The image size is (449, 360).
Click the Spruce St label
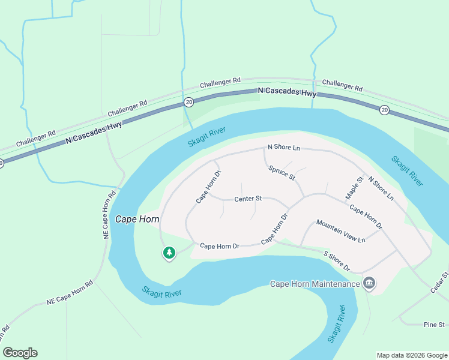(282, 173)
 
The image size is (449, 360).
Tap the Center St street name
(248, 198)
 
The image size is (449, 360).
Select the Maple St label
(355, 188)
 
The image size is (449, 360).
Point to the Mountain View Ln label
(340, 231)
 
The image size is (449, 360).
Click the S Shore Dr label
(336, 260)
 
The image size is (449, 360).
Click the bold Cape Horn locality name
(137, 219)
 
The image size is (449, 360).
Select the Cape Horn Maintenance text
(315, 284)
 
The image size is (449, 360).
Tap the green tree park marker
(169, 253)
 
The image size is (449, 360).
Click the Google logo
(20, 353)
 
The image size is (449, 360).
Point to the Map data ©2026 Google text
(412, 355)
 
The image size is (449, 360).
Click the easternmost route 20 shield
(384, 109)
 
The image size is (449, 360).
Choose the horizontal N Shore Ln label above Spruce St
(283, 148)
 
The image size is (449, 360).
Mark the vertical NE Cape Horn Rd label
(109, 215)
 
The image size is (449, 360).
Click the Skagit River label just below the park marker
(161, 293)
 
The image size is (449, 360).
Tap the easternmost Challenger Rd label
(342, 85)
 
